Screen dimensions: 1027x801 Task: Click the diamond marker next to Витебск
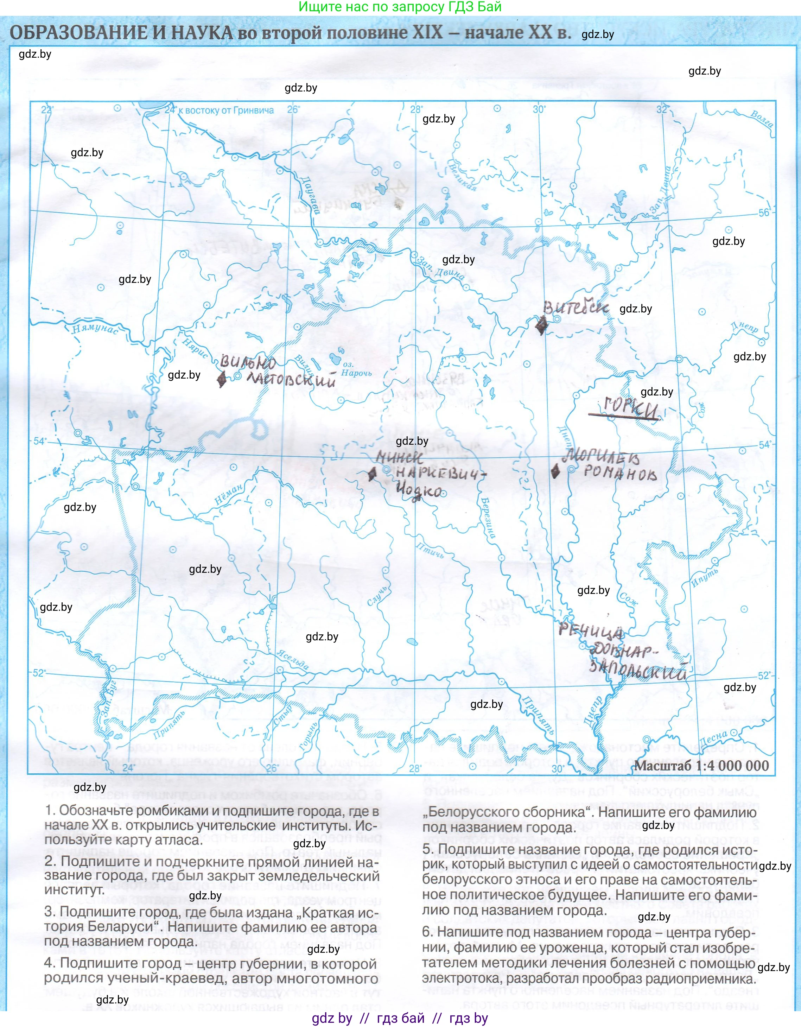tap(541, 324)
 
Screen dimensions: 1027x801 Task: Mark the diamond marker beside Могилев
tap(555, 471)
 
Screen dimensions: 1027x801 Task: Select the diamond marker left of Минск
tap(372, 474)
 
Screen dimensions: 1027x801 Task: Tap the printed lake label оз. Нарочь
tap(356, 369)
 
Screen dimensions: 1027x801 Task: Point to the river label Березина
tap(488, 517)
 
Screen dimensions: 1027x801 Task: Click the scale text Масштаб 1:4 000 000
tap(701, 765)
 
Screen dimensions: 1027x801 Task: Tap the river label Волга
tap(762, 119)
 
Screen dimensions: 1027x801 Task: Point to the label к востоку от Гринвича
tap(229, 110)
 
